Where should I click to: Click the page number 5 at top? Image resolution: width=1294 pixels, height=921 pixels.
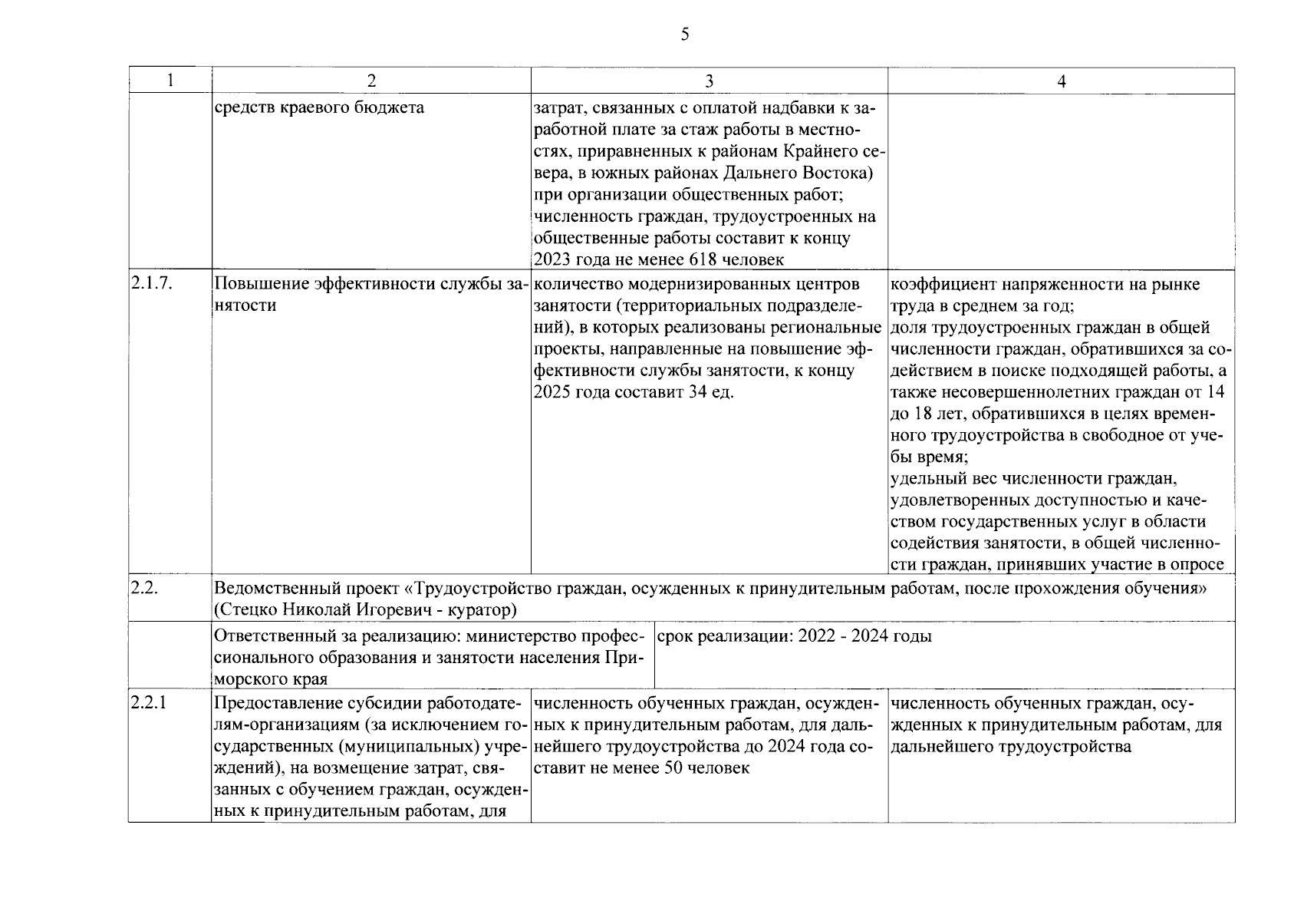[684, 34]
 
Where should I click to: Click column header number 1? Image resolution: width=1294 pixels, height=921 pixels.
[170, 81]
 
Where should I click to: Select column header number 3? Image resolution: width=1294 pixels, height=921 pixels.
[709, 81]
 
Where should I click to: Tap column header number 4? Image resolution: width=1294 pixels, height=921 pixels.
[1061, 81]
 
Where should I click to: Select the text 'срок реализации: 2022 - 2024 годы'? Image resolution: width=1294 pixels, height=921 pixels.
[795, 636]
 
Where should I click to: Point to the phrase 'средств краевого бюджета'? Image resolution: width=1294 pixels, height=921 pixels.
[319, 107]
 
